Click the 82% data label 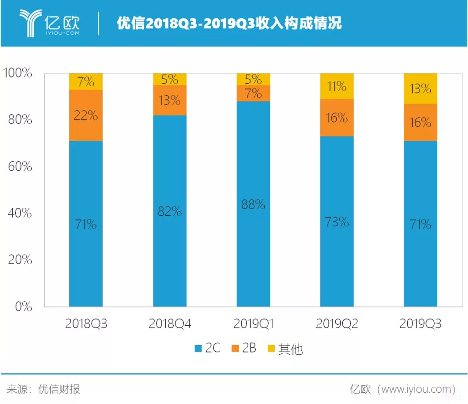pos(169,211)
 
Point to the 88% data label pos(253,204)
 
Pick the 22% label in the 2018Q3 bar pos(86,116)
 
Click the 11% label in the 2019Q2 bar pos(337,87)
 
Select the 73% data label pos(337,222)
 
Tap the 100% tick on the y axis pos(18,73)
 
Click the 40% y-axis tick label pos(20,213)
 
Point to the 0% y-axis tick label pos(23,307)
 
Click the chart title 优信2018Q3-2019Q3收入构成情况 pos(229,23)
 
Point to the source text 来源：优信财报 pos(43,389)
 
